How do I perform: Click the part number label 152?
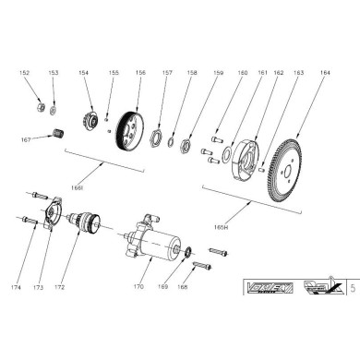[x=24, y=71]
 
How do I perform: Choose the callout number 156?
[x=140, y=71]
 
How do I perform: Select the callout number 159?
[x=220, y=71]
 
